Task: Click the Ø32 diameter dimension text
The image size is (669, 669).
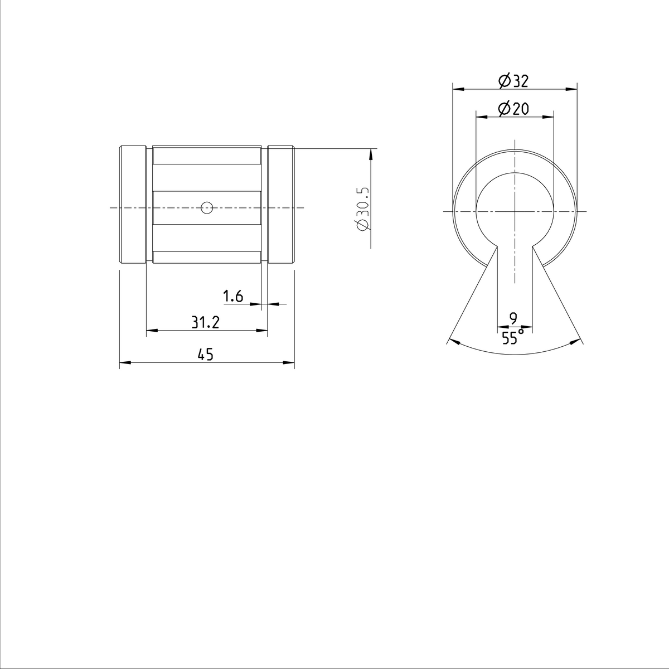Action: [x=513, y=81]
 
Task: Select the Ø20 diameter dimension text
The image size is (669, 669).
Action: [x=513, y=109]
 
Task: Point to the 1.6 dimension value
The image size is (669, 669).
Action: [x=233, y=296]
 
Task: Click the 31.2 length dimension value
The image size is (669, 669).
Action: [x=206, y=322]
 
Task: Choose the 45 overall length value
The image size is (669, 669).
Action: [x=206, y=355]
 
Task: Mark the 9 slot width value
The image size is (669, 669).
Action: [x=513, y=318]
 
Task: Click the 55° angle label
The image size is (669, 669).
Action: [x=513, y=337]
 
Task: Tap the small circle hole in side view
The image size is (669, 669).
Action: [x=207, y=209]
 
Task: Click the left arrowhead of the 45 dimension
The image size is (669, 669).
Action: [x=124, y=363]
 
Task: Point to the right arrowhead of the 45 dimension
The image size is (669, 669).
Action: [x=289, y=363]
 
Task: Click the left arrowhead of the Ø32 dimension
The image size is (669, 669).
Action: [x=457, y=89]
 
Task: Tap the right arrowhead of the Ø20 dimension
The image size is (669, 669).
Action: [x=550, y=117]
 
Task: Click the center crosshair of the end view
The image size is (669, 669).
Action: [x=515, y=211]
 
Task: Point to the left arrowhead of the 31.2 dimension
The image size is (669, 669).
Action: [x=151, y=331]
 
